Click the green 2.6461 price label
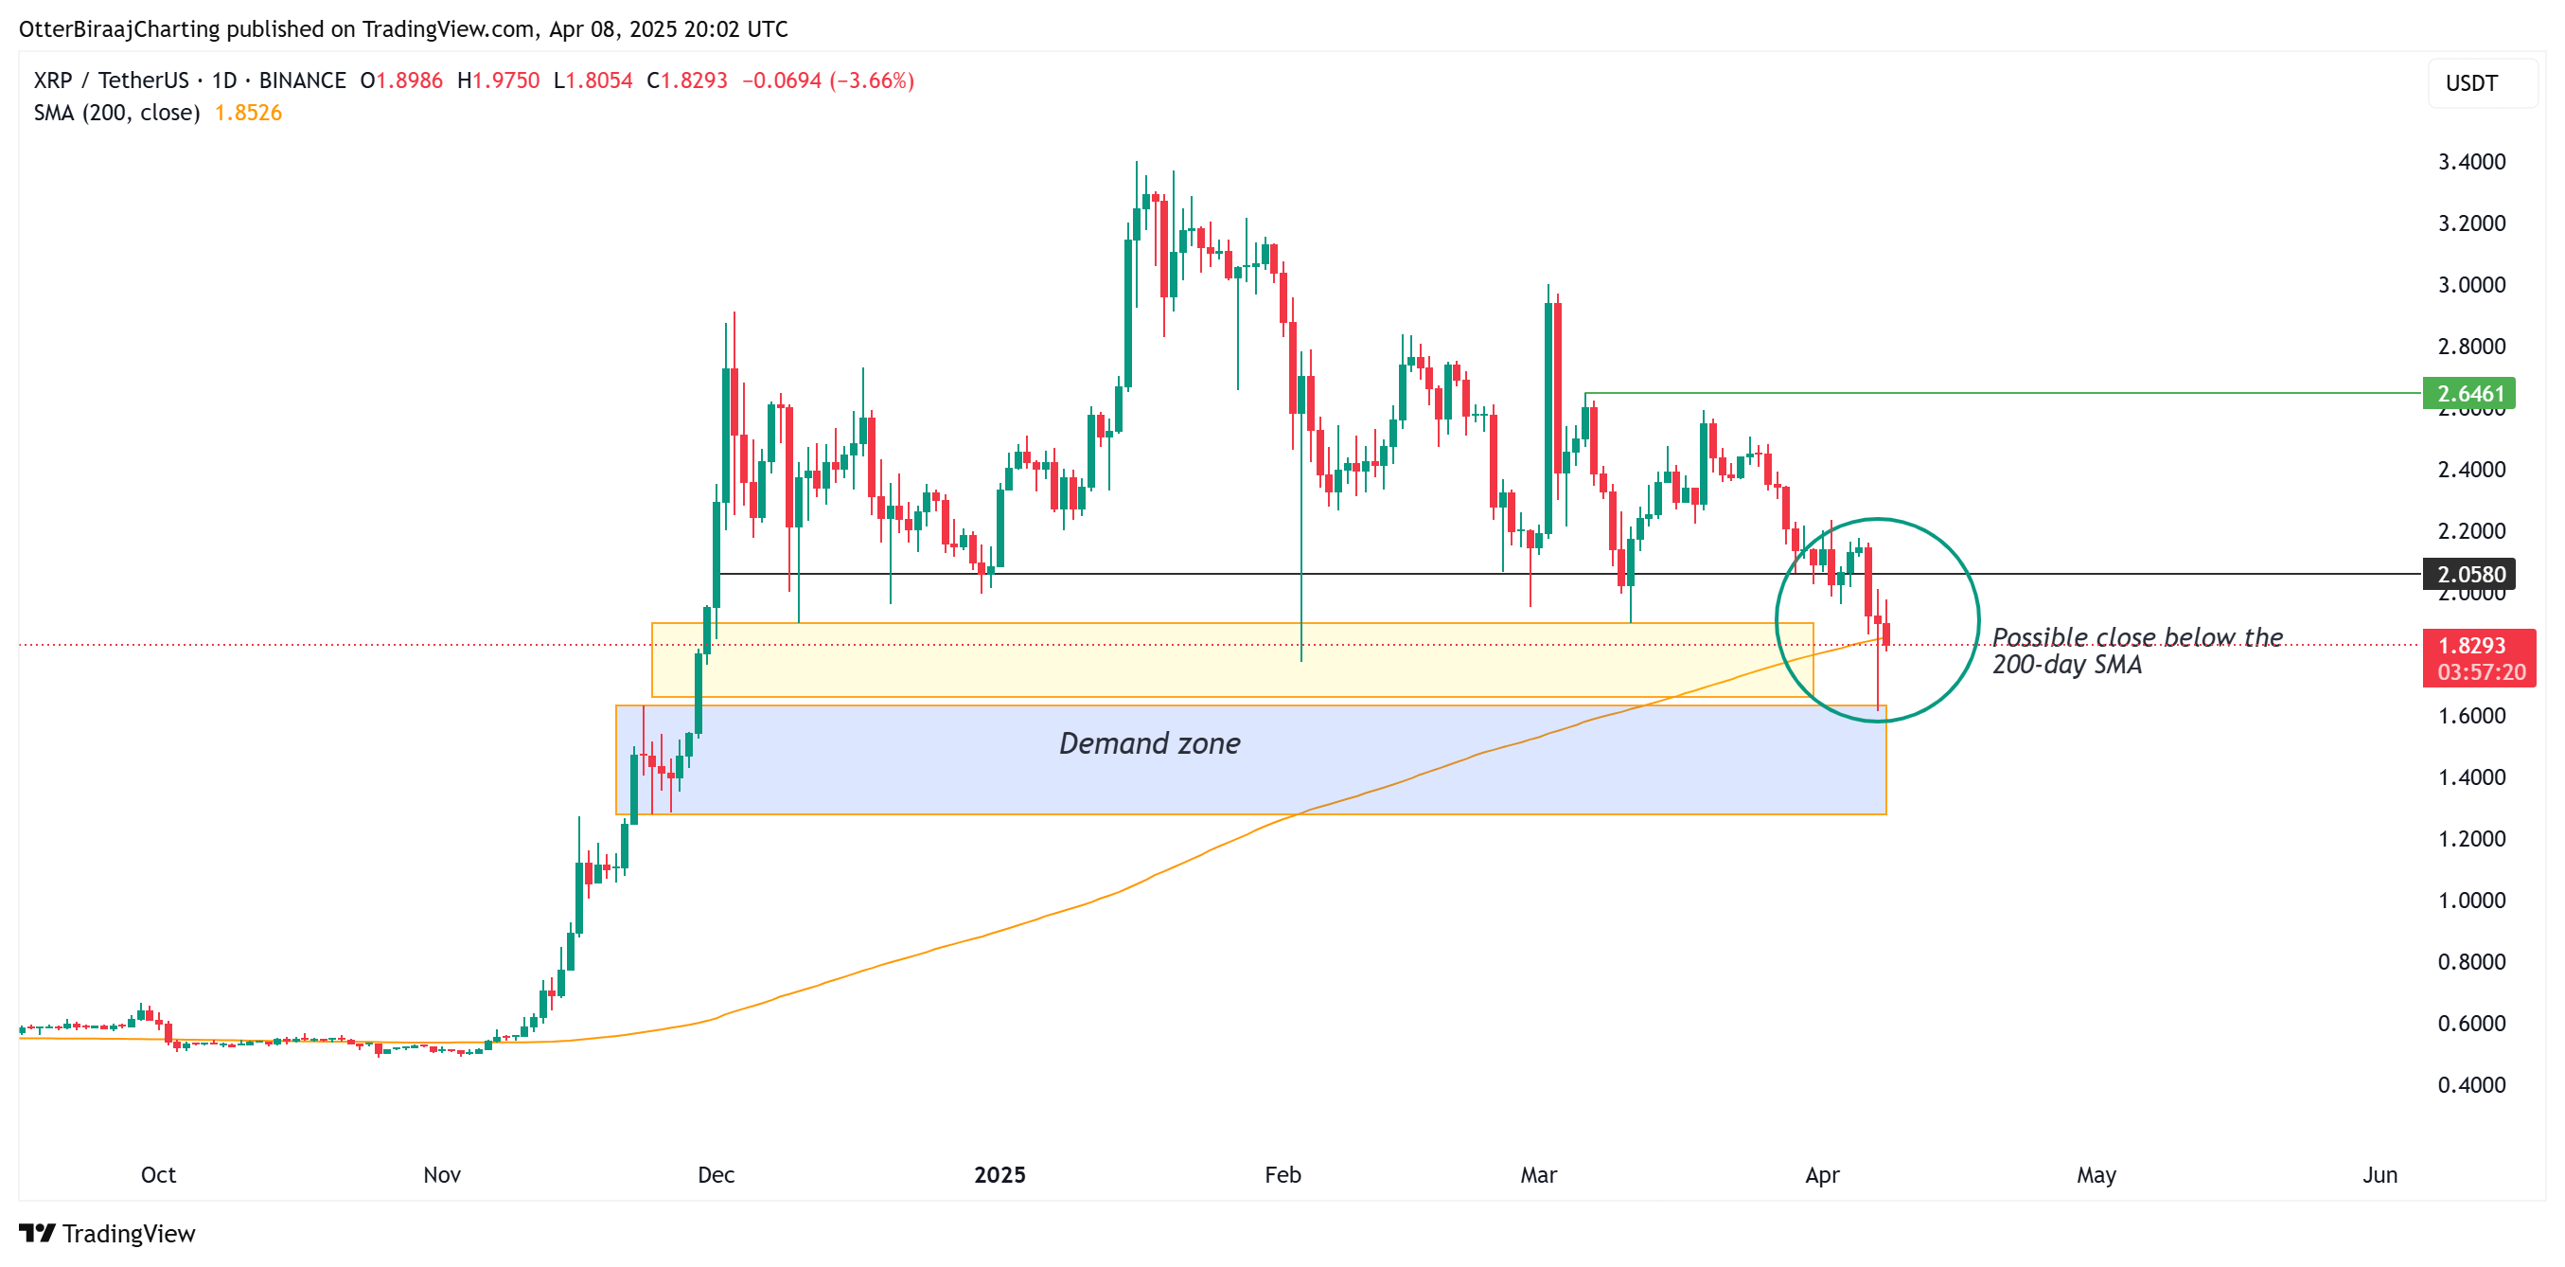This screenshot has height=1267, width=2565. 2468,393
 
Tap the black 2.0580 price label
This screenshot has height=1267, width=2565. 2468,575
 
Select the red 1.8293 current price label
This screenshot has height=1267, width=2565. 2470,646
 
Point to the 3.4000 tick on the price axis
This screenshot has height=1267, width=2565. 2470,161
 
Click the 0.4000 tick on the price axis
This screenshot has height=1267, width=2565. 2470,1085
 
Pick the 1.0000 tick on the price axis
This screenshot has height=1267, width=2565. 2470,901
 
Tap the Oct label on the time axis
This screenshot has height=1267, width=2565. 158,1174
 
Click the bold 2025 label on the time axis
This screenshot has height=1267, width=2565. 999,1174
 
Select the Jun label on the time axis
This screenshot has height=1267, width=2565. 2379,1174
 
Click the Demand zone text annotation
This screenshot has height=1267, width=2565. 1149,743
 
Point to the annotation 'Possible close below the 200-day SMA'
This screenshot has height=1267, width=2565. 2136,651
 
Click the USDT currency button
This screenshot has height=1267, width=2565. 2471,82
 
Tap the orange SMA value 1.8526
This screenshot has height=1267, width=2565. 248,113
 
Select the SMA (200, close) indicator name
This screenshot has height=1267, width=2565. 116,113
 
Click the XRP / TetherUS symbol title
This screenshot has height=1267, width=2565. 111,80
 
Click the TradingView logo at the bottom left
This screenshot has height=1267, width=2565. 108,1233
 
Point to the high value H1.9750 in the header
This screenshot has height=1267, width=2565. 498,80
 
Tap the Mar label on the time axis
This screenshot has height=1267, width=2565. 1538,1174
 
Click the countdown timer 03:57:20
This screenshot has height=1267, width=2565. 2481,672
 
